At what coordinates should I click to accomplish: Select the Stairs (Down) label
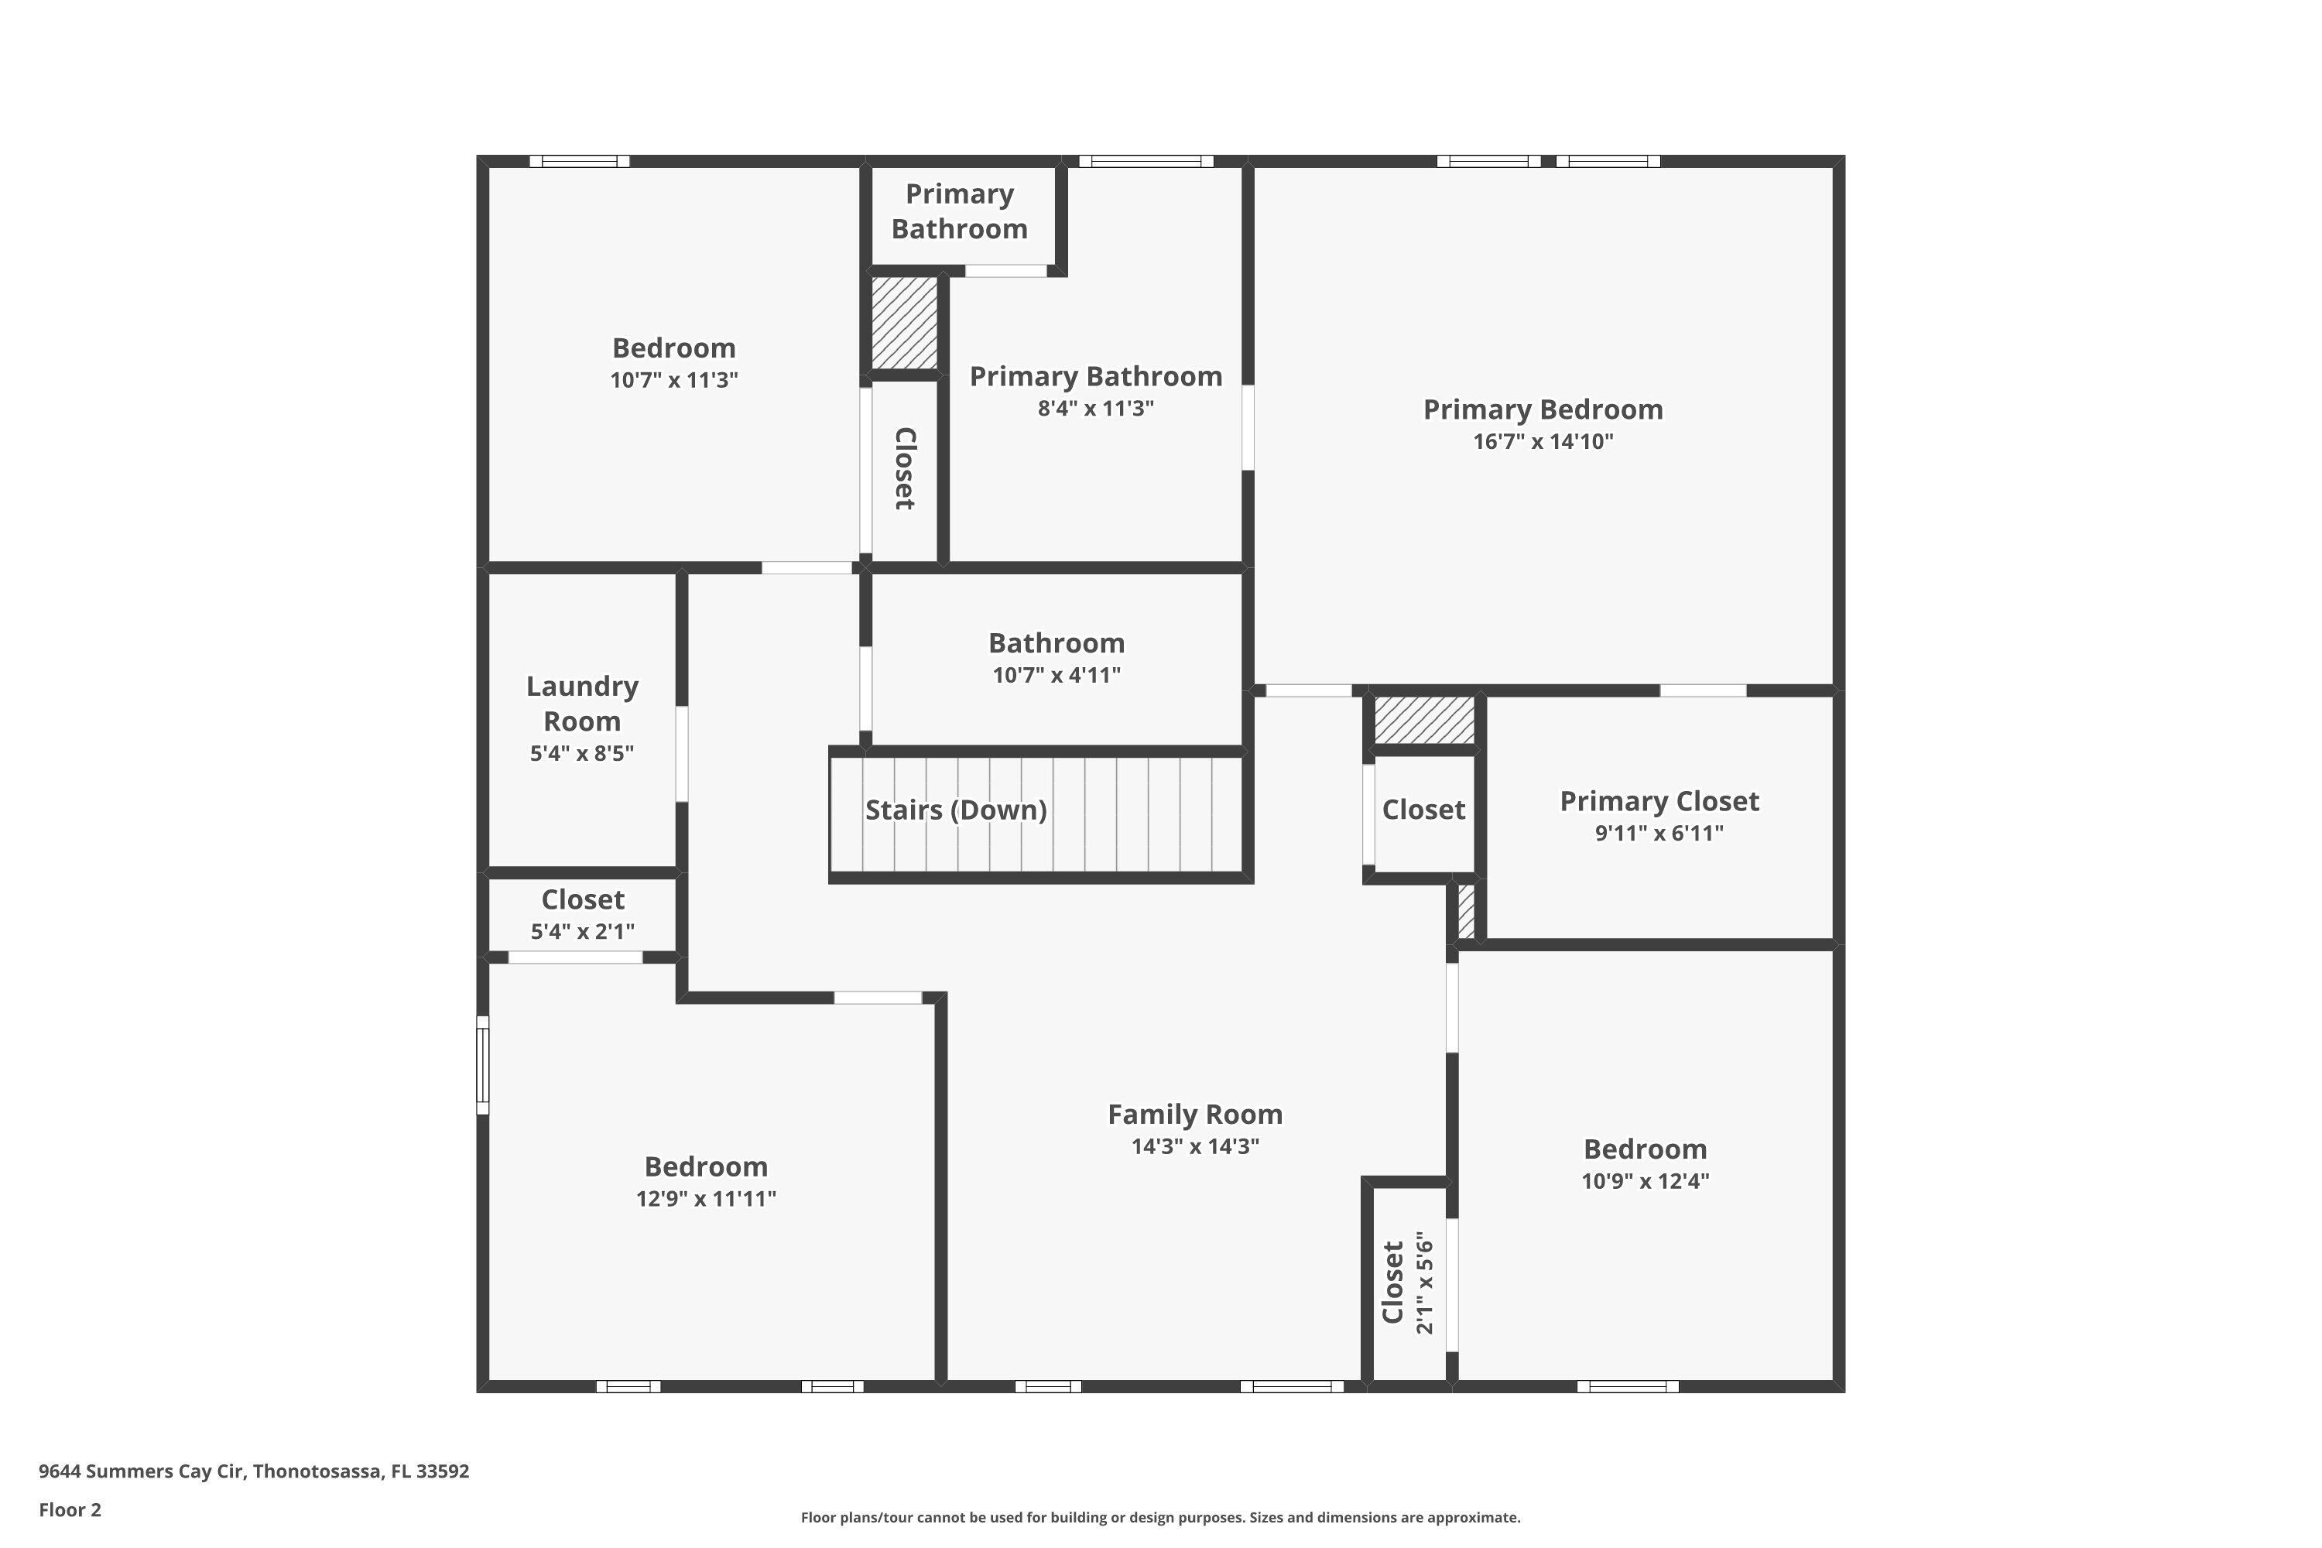pyautogui.click(x=956, y=810)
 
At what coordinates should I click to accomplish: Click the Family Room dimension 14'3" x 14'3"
pyautogui.click(x=1194, y=1146)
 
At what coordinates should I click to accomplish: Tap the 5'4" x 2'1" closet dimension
pyautogui.click(x=583, y=931)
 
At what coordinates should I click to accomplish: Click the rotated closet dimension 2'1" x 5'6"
pyautogui.click(x=1423, y=1282)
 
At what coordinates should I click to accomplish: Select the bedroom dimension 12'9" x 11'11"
pyautogui.click(x=706, y=1198)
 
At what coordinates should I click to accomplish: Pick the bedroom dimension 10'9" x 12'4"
pyautogui.click(x=1645, y=1181)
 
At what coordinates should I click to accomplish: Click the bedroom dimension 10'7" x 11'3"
pyautogui.click(x=673, y=380)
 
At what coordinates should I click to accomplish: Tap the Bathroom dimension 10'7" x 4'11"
pyautogui.click(x=1057, y=675)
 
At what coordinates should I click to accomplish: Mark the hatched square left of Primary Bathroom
pyautogui.click(x=903, y=323)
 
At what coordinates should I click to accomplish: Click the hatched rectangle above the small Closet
pyautogui.click(x=1423, y=721)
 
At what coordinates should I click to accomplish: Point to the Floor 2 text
pyautogui.click(x=70, y=1509)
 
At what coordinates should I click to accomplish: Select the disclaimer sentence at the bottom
pyautogui.click(x=1160, y=1517)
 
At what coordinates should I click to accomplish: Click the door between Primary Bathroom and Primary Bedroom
pyautogui.click(x=1248, y=426)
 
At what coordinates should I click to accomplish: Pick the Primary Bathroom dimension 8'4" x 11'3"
pyautogui.click(x=1095, y=409)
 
